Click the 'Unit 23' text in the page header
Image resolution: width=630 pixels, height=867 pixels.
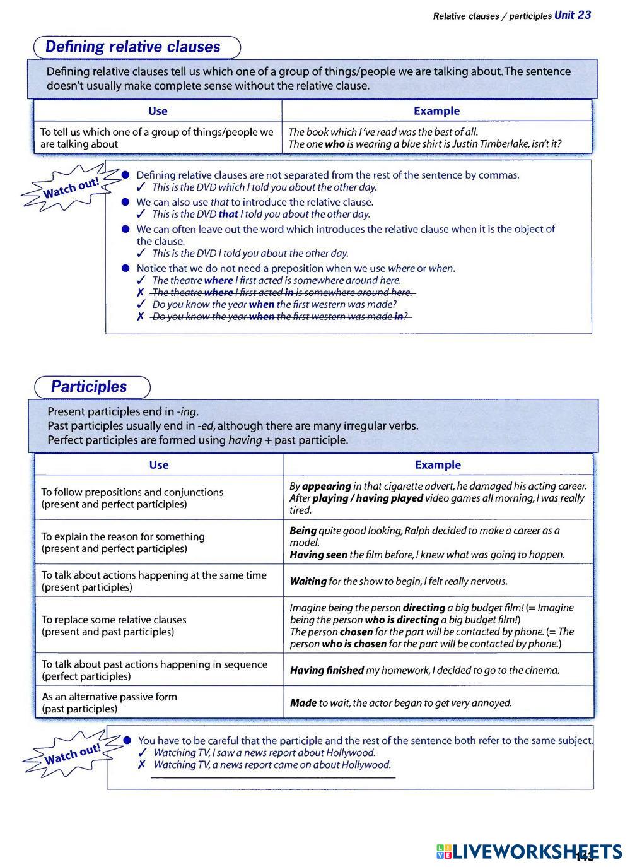click(x=573, y=15)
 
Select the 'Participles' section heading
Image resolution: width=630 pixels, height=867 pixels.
click(x=89, y=387)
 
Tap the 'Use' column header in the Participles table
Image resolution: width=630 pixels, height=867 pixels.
click(x=159, y=465)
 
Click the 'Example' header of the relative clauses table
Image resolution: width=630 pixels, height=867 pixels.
click(x=436, y=111)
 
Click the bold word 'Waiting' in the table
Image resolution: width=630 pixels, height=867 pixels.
click(x=308, y=581)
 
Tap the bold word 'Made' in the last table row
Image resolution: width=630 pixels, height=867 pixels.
click(x=303, y=703)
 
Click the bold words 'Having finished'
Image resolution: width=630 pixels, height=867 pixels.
click(x=327, y=670)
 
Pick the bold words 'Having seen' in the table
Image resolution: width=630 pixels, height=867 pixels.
click(x=318, y=555)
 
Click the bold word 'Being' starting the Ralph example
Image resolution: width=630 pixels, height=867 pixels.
click(x=303, y=531)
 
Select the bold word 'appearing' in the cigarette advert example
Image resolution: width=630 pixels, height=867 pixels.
click(x=326, y=487)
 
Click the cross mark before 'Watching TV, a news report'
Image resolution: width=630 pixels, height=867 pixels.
click(x=142, y=765)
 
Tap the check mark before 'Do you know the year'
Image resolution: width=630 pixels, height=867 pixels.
click(x=141, y=304)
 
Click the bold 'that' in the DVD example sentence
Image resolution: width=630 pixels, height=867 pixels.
click(x=228, y=214)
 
